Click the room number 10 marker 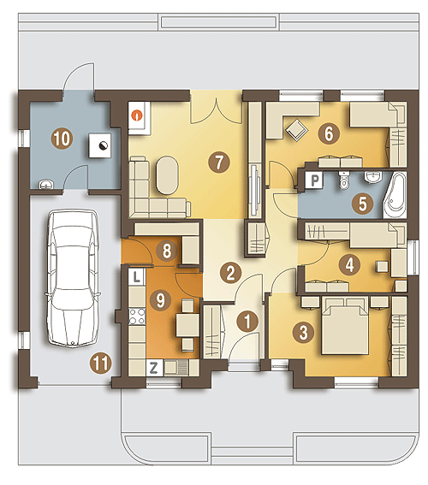pyautogui.click(x=62, y=139)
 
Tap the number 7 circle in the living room pyautogui.click(x=219, y=162)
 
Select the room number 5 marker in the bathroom pyautogui.click(x=362, y=204)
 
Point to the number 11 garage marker pyautogui.click(x=101, y=364)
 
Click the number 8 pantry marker pyautogui.click(x=167, y=251)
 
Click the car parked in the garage pyautogui.click(x=73, y=278)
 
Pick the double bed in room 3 pyautogui.click(x=345, y=325)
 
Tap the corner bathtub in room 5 pyautogui.click(x=395, y=195)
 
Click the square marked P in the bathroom pyautogui.click(x=314, y=180)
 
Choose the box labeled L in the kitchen pyautogui.click(x=136, y=276)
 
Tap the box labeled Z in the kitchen pyautogui.click(x=154, y=368)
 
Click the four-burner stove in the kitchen pyautogui.click(x=137, y=316)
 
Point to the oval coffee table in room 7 pyautogui.click(x=167, y=175)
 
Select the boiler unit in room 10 pyautogui.click(x=99, y=145)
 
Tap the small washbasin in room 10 pyautogui.click(x=46, y=185)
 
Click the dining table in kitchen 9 pyautogui.click(x=187, y=325)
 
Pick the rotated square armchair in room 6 pyautogui.click(x=297, y=130)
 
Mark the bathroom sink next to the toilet pyautogui.click(x=373, y=177)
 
